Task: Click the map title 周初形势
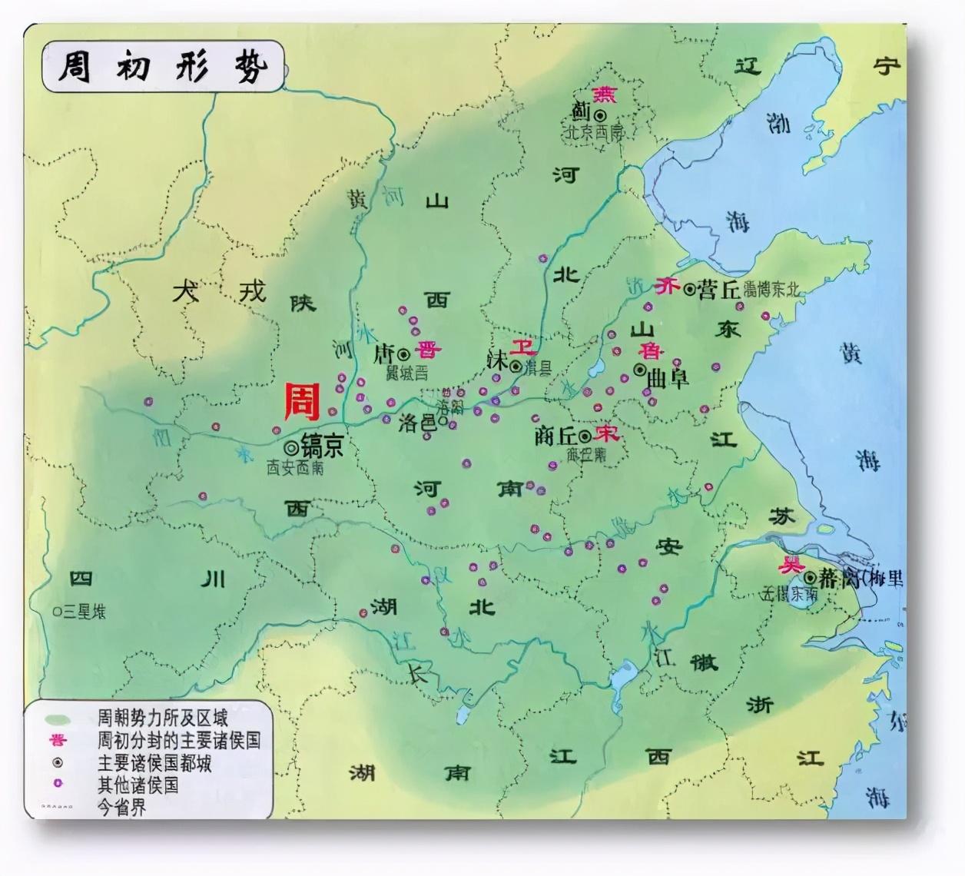point(161,68)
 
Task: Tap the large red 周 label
point(302,402)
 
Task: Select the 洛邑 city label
point(417,422)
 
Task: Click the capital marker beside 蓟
point(600,114)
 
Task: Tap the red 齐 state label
point(666,287)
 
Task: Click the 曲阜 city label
point(668,378)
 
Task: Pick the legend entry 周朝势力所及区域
point(162,718)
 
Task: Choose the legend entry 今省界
point(121,808)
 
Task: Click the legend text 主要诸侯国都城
point(154,763)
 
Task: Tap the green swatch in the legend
point(58,720)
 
